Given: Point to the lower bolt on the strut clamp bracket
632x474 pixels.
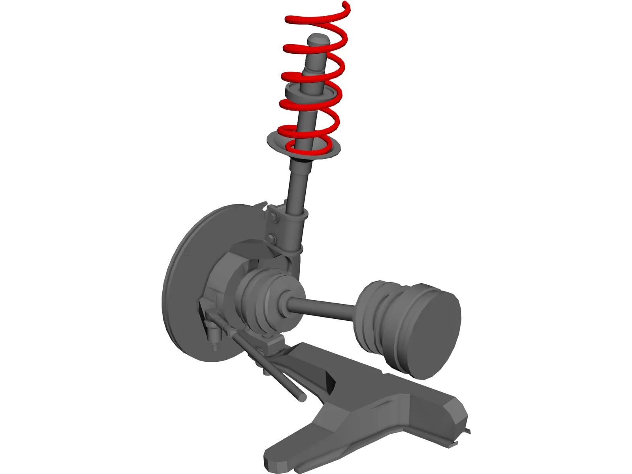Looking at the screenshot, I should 271,238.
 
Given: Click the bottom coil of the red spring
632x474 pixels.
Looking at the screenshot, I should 308,149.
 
